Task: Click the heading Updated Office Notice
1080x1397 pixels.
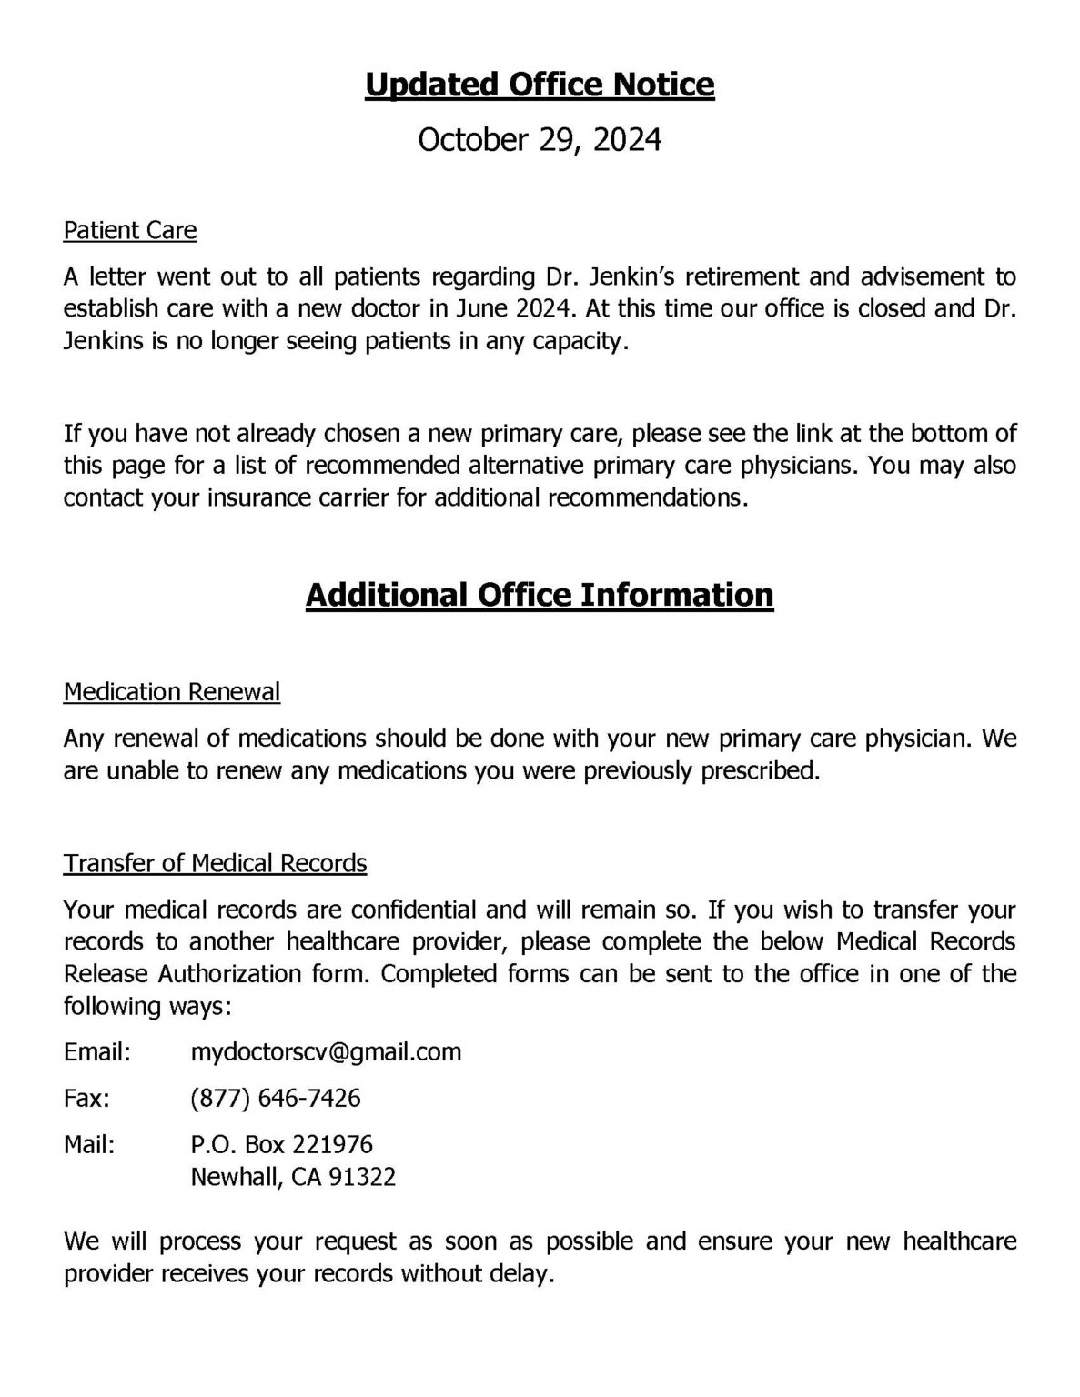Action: pos(540,85)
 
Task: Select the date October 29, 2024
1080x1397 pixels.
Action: pos(540,140)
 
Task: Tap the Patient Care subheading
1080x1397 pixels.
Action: pos(130,230)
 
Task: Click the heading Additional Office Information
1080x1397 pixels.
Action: pos(540,595)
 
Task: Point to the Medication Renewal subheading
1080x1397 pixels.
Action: pos(172,692)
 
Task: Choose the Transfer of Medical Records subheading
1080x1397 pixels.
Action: pos(215,863)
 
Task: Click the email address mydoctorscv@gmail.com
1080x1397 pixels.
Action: pos(326,1052)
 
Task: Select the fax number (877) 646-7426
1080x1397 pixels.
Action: pos(276,1099)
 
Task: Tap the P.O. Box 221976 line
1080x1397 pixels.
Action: pos(282,1144)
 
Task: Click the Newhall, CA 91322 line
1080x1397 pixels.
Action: pos(293,1178)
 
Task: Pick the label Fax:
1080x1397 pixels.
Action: pos(87,1099)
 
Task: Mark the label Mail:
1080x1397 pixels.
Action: pos(90,1144)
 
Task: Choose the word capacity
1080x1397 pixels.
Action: pos(582,345)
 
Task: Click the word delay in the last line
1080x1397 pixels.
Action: pos(524,1273)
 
